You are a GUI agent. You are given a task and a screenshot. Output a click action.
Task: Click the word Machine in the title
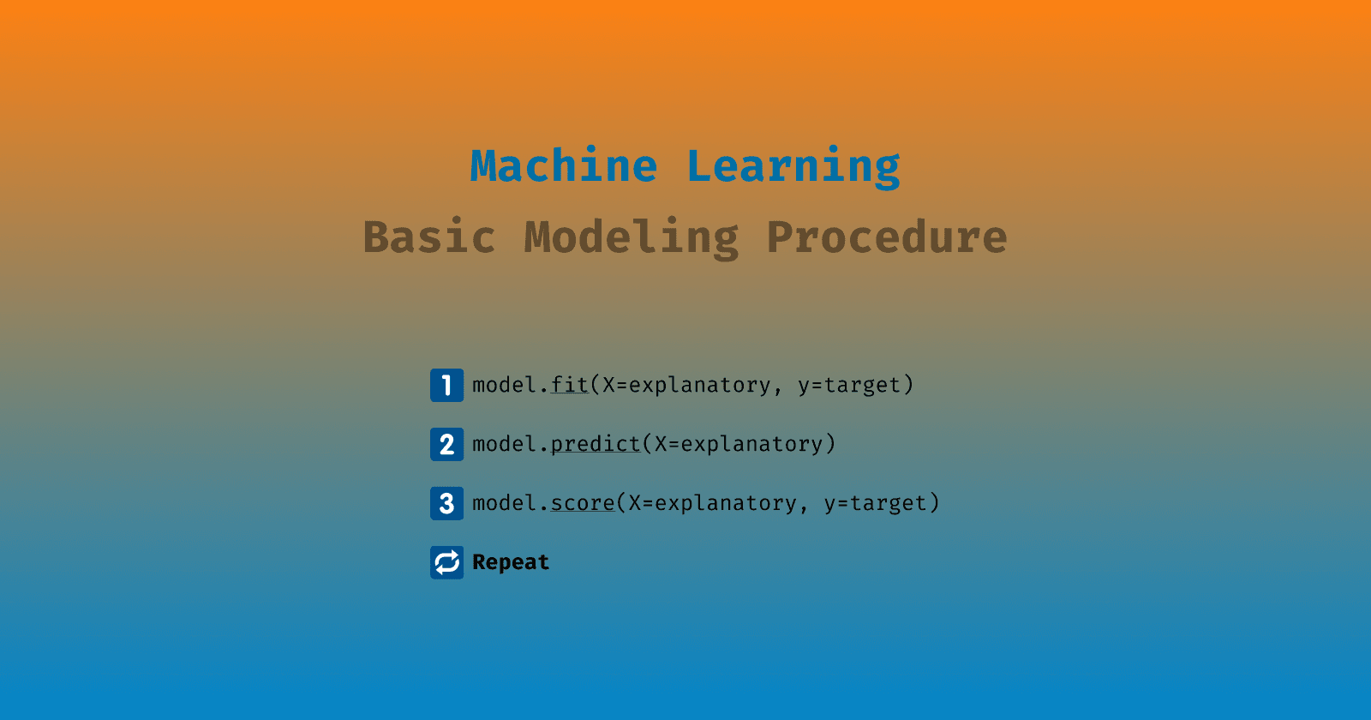[x=564, y=166]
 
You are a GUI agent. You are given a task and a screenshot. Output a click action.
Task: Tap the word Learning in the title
[x=793, y=166]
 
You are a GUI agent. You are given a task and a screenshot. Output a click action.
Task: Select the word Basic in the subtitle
[x=429, y=237]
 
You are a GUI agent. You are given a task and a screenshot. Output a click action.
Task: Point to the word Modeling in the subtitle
[x=632, y=237]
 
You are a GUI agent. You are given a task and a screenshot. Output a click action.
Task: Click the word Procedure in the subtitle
[x=887, y=237]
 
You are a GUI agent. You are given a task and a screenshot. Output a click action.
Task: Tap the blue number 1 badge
[x=446, y=385]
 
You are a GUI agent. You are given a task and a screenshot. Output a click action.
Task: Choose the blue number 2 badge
[x=446, y=444]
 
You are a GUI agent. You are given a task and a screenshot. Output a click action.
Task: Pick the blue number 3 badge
[x=446, y=503]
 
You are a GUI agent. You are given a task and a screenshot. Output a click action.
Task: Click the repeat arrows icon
[x=446, y=562]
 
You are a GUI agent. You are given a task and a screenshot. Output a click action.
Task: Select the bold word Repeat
[x=511, y=562]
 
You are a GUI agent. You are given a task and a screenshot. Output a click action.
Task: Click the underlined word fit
[x=570, y=385]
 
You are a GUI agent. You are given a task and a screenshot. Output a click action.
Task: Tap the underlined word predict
[x=596, y=444]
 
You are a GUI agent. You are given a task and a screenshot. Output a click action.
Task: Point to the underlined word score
[x=583, y=503]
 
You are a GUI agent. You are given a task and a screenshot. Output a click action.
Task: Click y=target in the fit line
[x=849, y=385]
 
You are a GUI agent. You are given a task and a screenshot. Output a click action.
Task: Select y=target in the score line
[x=876, y=503]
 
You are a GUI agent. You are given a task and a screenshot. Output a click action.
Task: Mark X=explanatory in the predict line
[x=739, y=444]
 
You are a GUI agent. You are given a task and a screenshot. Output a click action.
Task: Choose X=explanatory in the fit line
[x=686, y=385]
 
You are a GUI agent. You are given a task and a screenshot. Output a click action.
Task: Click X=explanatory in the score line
[x=713, y=503]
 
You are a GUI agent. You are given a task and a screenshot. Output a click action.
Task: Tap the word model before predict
[x=505, y=444]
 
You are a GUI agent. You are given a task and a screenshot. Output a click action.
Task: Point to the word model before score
[x=505, y=503]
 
